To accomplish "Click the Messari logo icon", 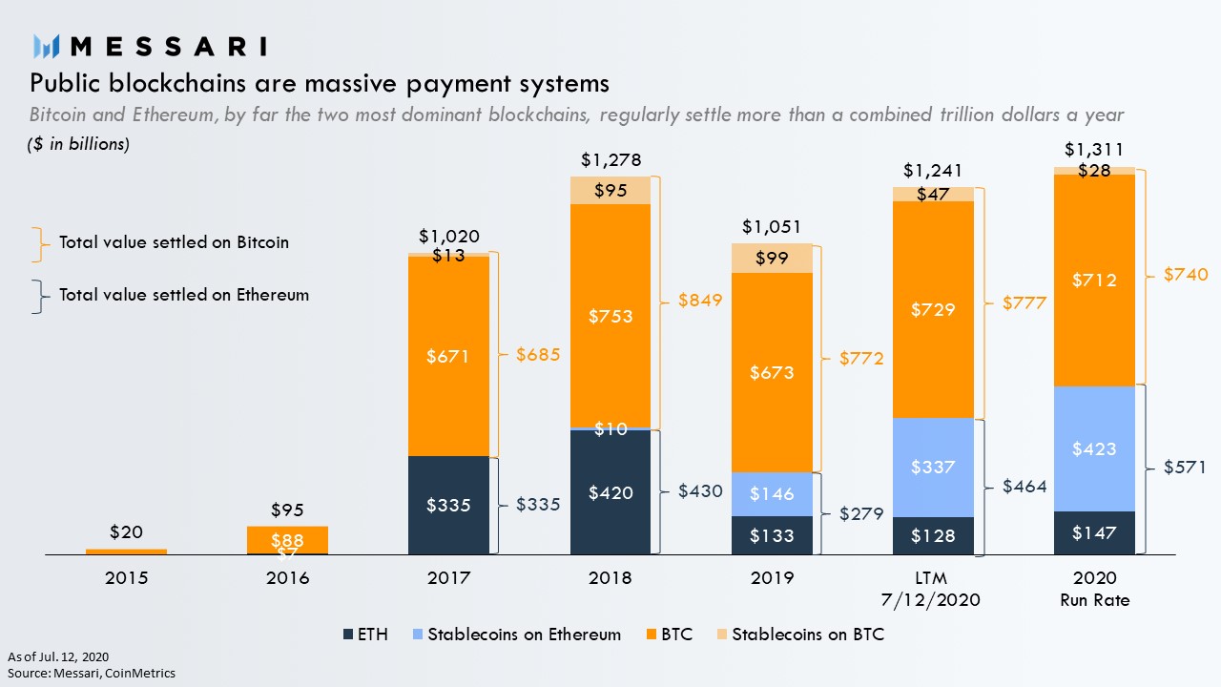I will (47, 46).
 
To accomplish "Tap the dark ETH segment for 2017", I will (448, 505).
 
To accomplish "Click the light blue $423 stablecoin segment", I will (1094, 448).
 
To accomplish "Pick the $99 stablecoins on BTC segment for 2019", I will (772, 259).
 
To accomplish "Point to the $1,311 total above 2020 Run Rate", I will (1094, 149).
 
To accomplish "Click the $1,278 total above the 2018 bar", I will (610, 158).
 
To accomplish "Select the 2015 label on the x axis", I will (126, 578).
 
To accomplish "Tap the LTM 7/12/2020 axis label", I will (933, 588).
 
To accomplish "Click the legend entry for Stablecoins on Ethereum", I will (515, 635).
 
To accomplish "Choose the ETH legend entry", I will (365, 635).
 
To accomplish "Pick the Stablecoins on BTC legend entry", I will (798, 635).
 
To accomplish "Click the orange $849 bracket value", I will (700, 300).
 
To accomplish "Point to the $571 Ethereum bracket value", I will (1185, 468).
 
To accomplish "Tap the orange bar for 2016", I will (287, 539).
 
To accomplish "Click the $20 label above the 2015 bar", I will (126, 531).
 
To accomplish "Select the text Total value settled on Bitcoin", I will (174, 242).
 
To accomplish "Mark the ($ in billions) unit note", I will (78, 144).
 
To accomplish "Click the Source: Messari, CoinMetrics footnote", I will (92, 673).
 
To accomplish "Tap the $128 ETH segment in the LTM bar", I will (933, 536).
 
